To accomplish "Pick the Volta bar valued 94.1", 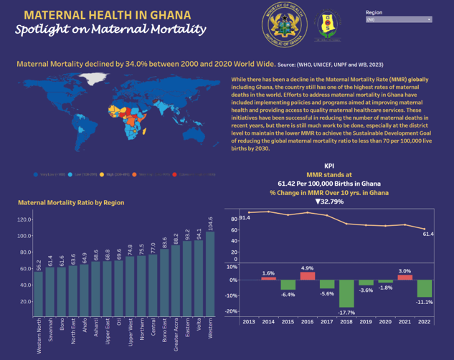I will click(199, 275).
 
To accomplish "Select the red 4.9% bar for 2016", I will click(307, 276).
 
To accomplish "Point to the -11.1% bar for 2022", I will click(425, 288).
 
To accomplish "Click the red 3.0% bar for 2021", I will click(405, 278).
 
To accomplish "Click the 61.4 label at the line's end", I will click(427, 234).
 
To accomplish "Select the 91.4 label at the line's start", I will click(245, 217).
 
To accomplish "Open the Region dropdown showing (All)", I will click(399, 19).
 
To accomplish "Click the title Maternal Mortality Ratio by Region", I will click(70, 203).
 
